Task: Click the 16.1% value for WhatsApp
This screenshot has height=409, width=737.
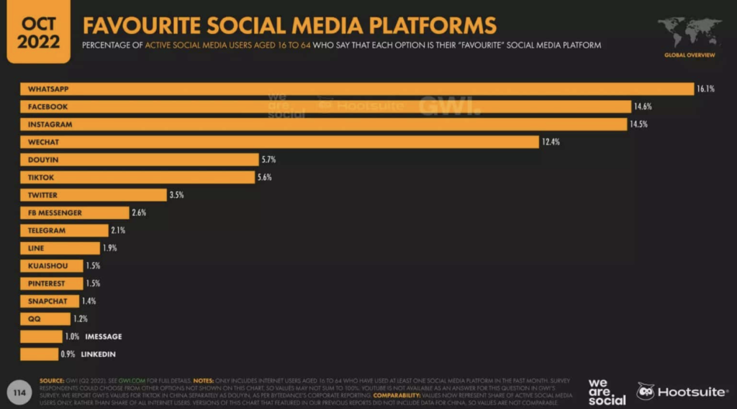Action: click(x=705, y=89)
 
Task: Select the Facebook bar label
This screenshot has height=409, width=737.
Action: click(x=48, y=107)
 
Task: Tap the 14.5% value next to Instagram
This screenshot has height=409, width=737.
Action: click(x=640, y=125)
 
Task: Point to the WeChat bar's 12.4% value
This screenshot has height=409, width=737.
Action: click(x=551, y=142)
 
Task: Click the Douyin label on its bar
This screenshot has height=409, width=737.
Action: click(x=43, y=160)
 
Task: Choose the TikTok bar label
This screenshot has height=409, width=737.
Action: click(x=42, y=177)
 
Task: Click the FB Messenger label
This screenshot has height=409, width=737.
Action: click(x=55, y=213)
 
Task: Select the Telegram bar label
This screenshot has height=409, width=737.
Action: click(x=48, y=230)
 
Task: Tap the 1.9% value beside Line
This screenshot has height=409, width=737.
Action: click(x=109, y=248)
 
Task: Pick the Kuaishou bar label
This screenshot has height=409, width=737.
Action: click(x=48, y=266)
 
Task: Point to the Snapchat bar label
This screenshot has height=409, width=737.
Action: click(x=48, y=301)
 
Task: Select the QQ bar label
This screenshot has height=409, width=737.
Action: click(x=35, y=319)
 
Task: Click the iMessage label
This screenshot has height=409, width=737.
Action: click(x=104, y=336)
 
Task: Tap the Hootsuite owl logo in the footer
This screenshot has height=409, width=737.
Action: click(x=646, y=392)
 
